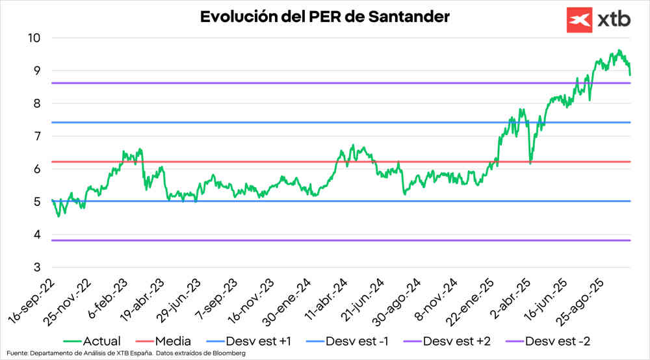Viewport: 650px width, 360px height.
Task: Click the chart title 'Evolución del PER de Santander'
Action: click(x=324, y=17)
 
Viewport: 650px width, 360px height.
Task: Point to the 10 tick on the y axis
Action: click(x=34, y=38)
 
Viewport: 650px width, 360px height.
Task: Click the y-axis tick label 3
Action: click(x=37, y=267)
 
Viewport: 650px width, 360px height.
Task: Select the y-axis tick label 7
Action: click(x=37, y=136)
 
